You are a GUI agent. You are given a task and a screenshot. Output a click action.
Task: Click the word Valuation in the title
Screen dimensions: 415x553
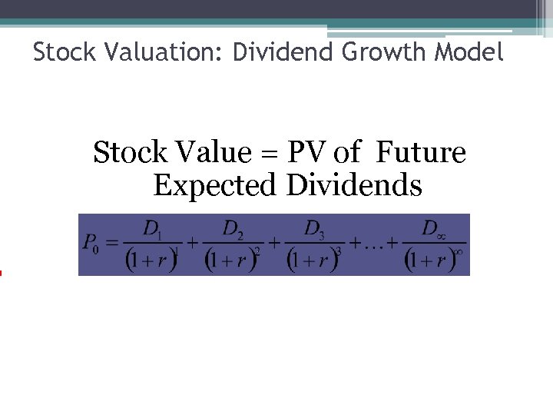[164, 52]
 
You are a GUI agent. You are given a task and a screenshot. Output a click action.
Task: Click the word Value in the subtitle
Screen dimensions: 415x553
[210, 153]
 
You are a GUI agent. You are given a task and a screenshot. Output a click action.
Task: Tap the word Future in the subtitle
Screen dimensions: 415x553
[421, 153]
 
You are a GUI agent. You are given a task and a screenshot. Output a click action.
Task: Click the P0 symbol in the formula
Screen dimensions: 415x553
[91, 244]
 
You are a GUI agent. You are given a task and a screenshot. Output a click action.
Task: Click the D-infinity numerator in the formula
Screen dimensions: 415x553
[432, 229]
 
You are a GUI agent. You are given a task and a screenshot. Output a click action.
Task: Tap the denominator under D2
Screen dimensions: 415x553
[233, 260]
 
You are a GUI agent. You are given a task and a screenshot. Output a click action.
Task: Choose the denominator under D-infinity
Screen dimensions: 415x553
[432, 260]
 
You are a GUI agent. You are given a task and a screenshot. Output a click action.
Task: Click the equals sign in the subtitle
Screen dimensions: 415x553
[267, 154]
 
